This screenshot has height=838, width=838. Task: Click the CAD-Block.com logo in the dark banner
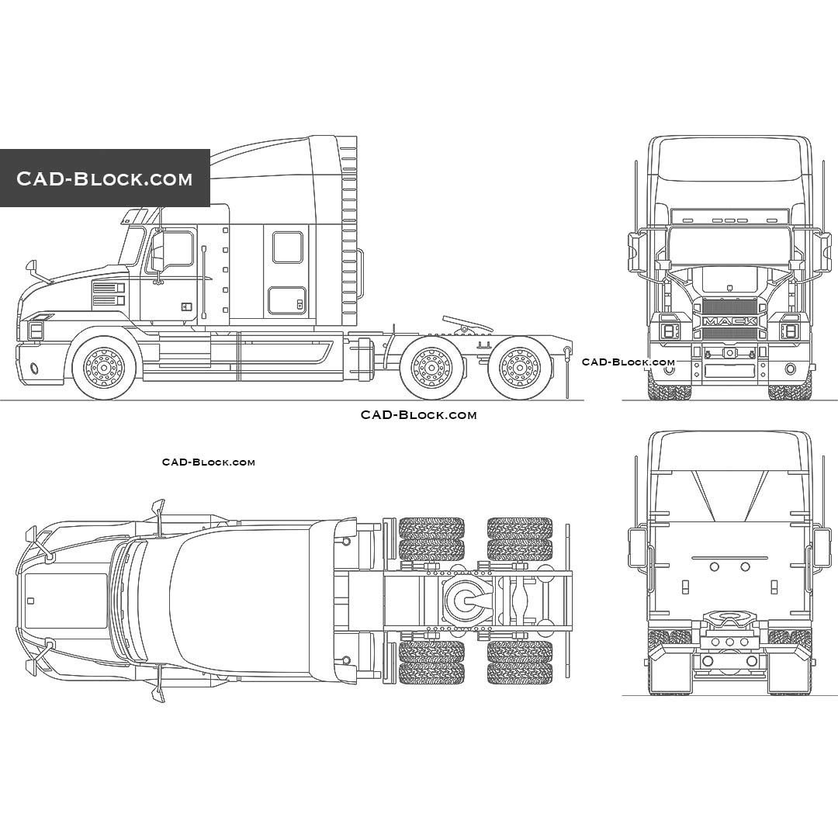(105, 178)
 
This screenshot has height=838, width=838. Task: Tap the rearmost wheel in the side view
(519, 368)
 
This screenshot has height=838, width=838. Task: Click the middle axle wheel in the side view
(431, 368)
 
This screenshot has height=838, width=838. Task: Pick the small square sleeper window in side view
(288, 247)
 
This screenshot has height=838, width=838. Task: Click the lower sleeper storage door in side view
(287, 300)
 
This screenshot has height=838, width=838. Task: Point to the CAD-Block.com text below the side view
(418, 415)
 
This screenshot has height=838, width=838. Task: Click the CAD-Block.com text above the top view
(208, 462)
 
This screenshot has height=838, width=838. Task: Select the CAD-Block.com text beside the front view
(628, 362)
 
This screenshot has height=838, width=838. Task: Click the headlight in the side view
(36, 330)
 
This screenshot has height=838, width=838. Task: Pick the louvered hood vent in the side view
(109, 294)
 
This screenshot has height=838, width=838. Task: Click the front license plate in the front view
(729, 371)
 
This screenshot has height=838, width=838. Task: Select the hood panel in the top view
(66, 601)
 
